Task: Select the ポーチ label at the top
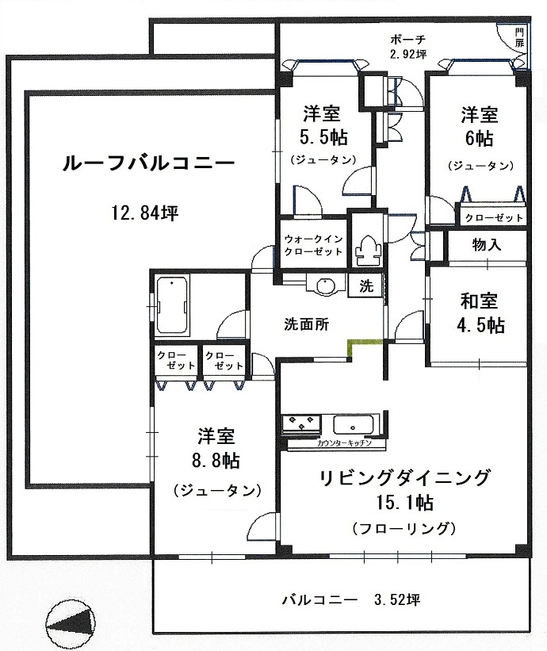pyautogui.click(x=407, y=39)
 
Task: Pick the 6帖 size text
pyautogui.click(x=479, y=138)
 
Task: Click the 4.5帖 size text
pyautogui.click(x=480, y=326)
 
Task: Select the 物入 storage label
pyautogui.click(x=486, y=244)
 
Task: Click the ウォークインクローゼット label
pyautogui.click(x=313, y=245)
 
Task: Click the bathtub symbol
pyautogui.click(x=172, y=305)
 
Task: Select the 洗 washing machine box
pyautogui.click(x=366, y=286)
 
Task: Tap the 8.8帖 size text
pyautogui.click(x=217, y=461)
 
